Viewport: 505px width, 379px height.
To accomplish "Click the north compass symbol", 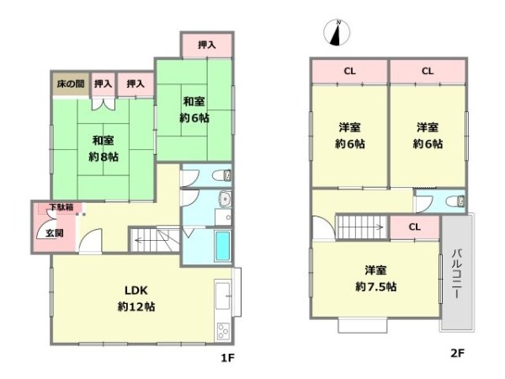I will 338,34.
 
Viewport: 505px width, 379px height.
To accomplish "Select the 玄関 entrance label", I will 43,233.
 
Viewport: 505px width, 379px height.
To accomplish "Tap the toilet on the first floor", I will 221,177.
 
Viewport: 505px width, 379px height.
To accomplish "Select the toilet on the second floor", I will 455,201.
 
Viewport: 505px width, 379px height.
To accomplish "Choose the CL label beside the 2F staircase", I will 415,227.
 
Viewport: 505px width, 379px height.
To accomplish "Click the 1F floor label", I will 226,358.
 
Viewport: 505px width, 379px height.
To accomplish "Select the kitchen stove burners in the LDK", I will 223,328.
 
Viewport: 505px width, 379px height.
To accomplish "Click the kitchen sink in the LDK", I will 223,295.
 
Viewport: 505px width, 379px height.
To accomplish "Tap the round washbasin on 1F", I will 225,200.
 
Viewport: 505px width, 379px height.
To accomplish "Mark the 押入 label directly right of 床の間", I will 104,83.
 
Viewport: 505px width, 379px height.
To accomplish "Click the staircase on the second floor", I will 360,227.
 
